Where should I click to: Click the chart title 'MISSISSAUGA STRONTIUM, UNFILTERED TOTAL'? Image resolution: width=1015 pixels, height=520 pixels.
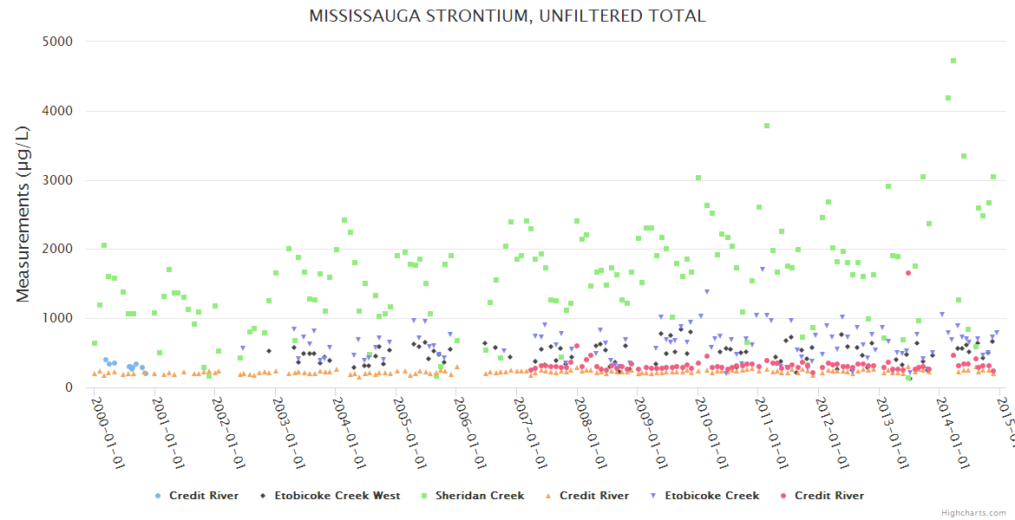click(507, 16)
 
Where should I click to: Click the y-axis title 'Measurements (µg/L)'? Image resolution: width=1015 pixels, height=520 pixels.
click(23, 214)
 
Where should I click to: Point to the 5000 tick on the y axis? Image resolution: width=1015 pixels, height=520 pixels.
click(58, 42)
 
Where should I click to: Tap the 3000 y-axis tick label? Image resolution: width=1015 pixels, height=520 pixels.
click(58, 180)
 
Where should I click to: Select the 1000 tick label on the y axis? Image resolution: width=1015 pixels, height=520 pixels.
click(58, 318)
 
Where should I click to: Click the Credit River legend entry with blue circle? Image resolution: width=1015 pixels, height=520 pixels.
click(193, 496)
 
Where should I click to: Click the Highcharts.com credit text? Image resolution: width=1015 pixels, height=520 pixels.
click(973, 513)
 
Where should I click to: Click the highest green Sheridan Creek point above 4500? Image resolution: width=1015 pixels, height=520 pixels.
click(953, 61)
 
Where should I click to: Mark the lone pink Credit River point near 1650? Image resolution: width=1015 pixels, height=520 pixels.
click(908, 273)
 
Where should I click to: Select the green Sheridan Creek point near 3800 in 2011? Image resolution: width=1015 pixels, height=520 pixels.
click(767, 126)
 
